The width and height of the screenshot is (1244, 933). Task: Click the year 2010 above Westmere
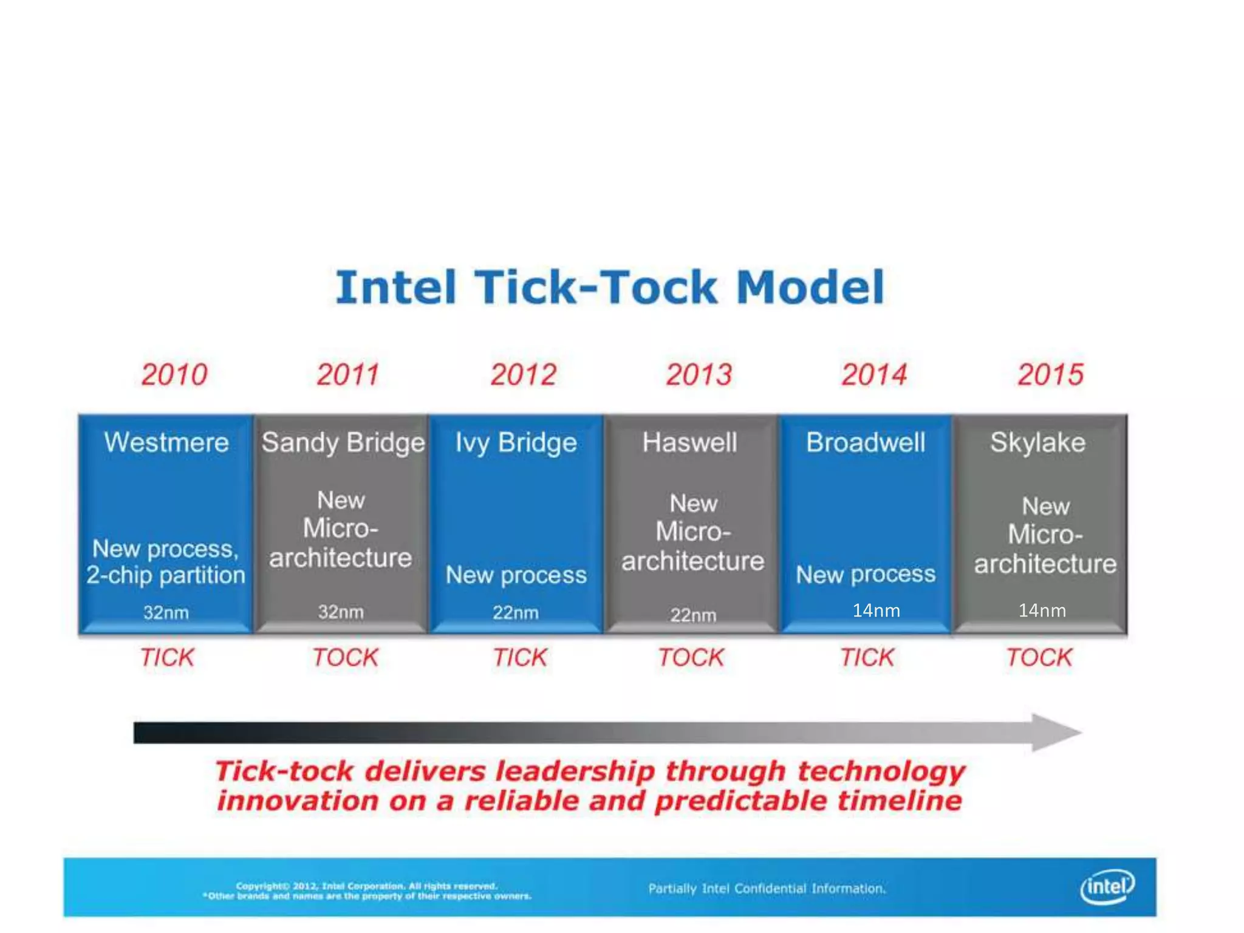tap(174, 374)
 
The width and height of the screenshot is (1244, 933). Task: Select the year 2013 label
tap(699, 374)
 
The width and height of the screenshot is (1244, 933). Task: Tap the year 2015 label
tap(1050, 374)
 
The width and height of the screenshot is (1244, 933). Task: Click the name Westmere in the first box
tap(166, 442)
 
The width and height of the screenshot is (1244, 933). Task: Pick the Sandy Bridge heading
tap(343, 442)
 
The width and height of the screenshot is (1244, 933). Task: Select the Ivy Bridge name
tap(516, 442)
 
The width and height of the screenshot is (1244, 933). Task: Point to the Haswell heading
tap(690, 442)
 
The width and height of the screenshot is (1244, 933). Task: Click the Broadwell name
tap(866, 442)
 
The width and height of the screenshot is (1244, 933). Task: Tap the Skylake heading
tap(1037, 442)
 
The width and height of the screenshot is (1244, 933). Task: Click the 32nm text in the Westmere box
tap(166, 612)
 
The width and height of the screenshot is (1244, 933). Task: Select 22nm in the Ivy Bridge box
tap(515, 612)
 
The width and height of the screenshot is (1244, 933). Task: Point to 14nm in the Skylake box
tap(1042, 610)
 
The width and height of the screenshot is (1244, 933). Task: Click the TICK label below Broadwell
tap(867, 657)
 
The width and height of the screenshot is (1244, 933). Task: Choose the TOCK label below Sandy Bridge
tap(345, 657)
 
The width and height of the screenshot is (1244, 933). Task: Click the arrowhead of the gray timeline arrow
tap(1056, 733)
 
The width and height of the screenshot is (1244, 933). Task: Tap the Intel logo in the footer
tap(1107, 887)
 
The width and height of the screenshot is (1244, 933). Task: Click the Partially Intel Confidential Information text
tap(767, 889)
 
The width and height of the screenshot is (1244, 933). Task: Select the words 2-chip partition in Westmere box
tap(166, 575)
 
